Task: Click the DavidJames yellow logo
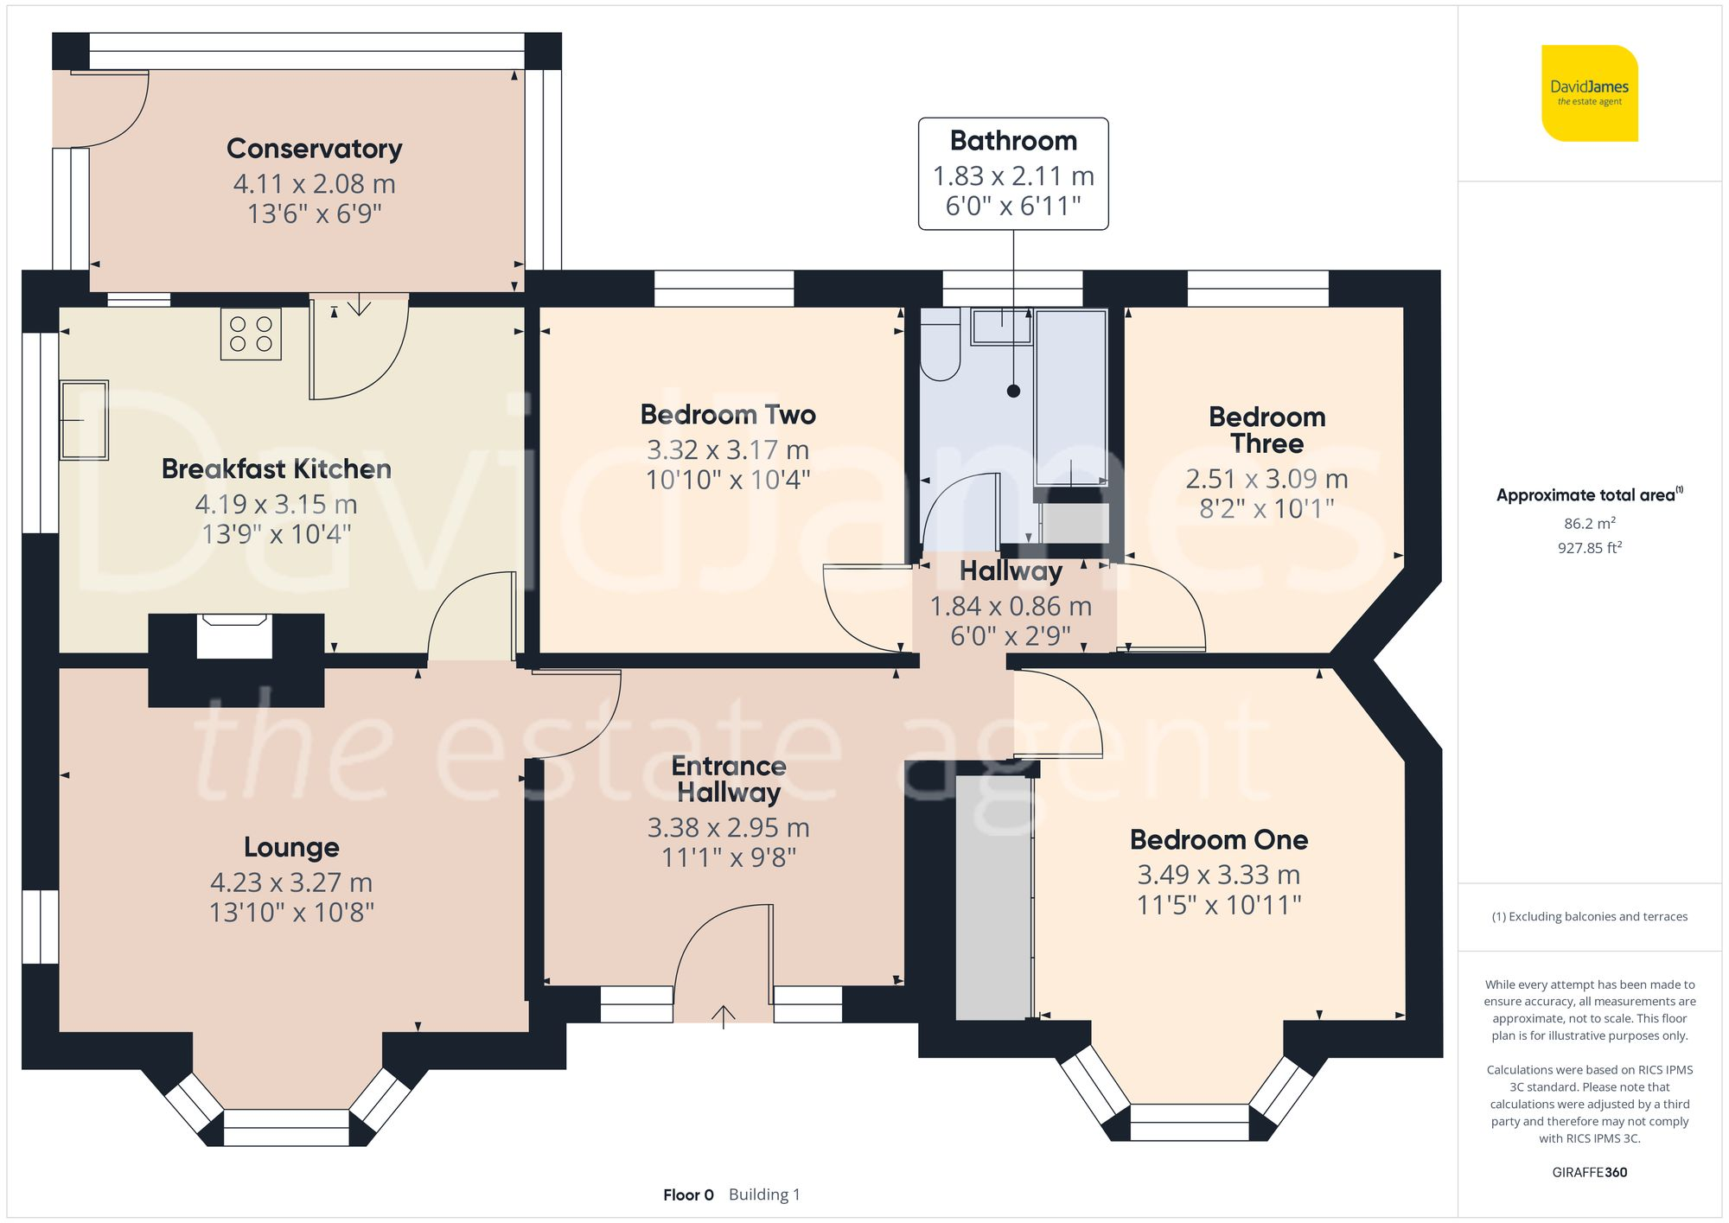pos(1589,93)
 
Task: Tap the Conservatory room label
pos(314,149)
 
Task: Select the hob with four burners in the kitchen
pos(251,334)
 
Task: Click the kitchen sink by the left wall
pos(84,420)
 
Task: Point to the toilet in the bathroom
pos(940,346)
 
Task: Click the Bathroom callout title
pos(1013,141)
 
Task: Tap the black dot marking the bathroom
pos(1013,392)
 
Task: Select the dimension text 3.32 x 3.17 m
pos(728,450)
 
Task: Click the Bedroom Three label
pos(1266,430)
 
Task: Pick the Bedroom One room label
pos(1218,840)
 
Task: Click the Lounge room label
pos(291,847)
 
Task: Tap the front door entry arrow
pos(723,1016)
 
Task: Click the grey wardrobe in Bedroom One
pos(993,897)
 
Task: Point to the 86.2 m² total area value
pos(1589,524)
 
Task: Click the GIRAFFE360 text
pos(1589,1173)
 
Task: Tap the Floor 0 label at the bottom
pos(688,1195)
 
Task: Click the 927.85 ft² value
pos(1589,548)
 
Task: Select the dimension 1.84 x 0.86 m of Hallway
pos(1011,607)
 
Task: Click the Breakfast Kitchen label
pos(276,469)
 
